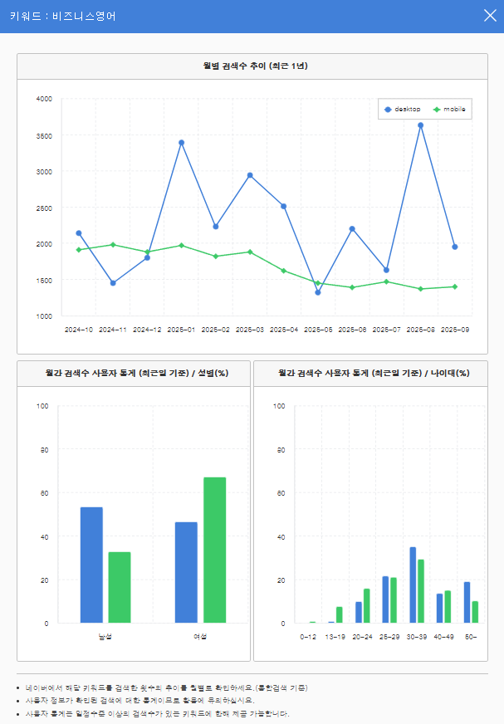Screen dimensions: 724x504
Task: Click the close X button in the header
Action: [490, 15]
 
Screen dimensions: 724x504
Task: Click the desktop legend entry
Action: [403, 110]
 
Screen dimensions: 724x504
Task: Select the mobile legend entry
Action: [449, 110]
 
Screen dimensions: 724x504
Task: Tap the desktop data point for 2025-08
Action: [420, 125]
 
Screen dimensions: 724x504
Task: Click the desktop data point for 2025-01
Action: [181, 143]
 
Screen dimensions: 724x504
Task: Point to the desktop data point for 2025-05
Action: [318, 292]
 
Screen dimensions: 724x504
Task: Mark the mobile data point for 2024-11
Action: [113, 245]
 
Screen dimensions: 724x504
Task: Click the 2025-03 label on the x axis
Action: [250, 330]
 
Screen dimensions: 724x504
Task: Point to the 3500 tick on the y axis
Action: [44, 135]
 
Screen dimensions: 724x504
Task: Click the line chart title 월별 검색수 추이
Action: [252, 66]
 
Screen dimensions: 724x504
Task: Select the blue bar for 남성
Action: [91, 565]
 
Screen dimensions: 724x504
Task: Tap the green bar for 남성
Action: [120, 587]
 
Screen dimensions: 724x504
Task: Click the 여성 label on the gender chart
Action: [200, 637]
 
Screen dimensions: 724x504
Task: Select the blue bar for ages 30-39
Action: [413, 585]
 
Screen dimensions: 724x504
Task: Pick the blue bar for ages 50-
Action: [467, 602]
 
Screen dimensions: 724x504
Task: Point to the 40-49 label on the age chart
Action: [443, 637]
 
